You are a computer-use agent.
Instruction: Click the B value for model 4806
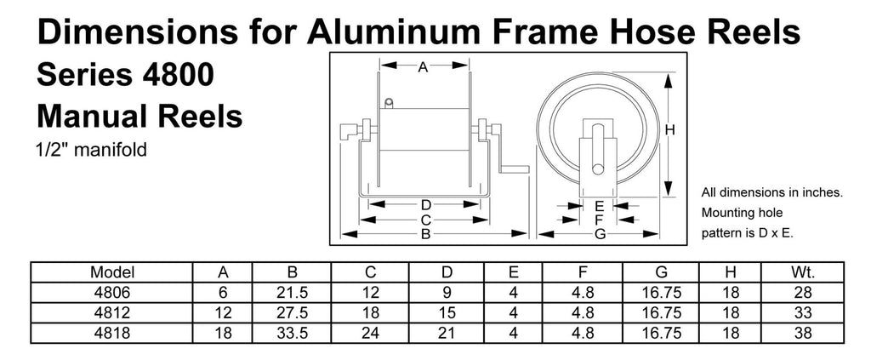click(x=292, y=292)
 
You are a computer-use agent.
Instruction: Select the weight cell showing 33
click(x=803, y=313)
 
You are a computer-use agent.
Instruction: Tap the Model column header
click(x=112, y=272)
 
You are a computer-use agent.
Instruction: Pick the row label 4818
click(x=112, y=333)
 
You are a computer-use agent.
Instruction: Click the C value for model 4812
click(x=371, y=313)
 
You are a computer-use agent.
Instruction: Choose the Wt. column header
click(x=803, y=272)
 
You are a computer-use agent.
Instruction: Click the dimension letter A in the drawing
click(x=423, y=67)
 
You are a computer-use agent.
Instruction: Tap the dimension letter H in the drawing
click(x=670, y=130)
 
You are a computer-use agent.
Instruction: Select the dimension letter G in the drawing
click(x=600, y=234)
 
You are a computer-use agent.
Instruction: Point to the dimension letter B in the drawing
click(x=425, y=234)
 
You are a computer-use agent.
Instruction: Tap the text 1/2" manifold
click(x=92, y=150)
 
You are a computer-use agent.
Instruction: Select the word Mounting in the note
click(x=726, y=213)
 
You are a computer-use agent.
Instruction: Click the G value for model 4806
click(x=661, y=292)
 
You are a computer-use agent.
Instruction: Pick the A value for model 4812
click(x=223, y=313)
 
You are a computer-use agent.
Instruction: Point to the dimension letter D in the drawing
click(x=425, y=205)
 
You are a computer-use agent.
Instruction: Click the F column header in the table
click(x=582, y=272)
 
